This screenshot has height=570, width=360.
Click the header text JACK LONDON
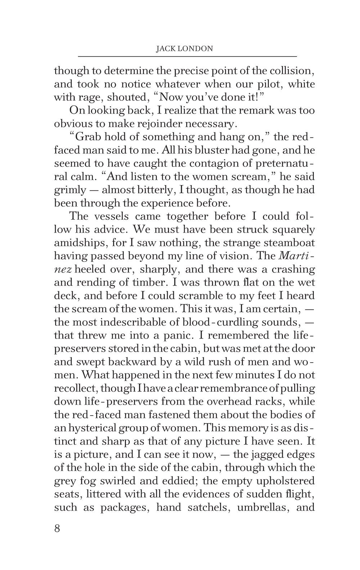pyautogui.click(x=184, y=49)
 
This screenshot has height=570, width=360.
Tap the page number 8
pyautogui.click(x=57, y=529)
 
